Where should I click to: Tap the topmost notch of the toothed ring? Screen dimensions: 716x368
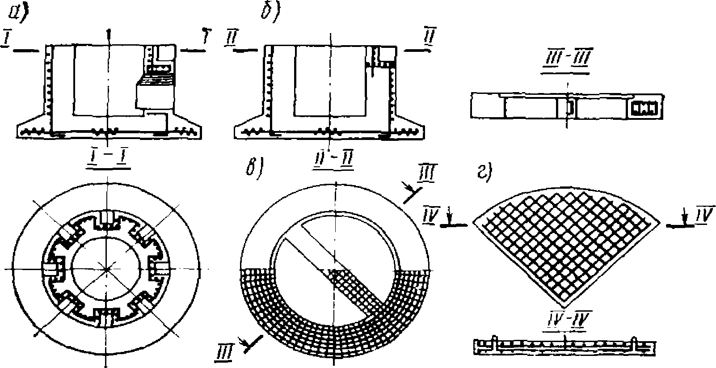click(x=107, y=218)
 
